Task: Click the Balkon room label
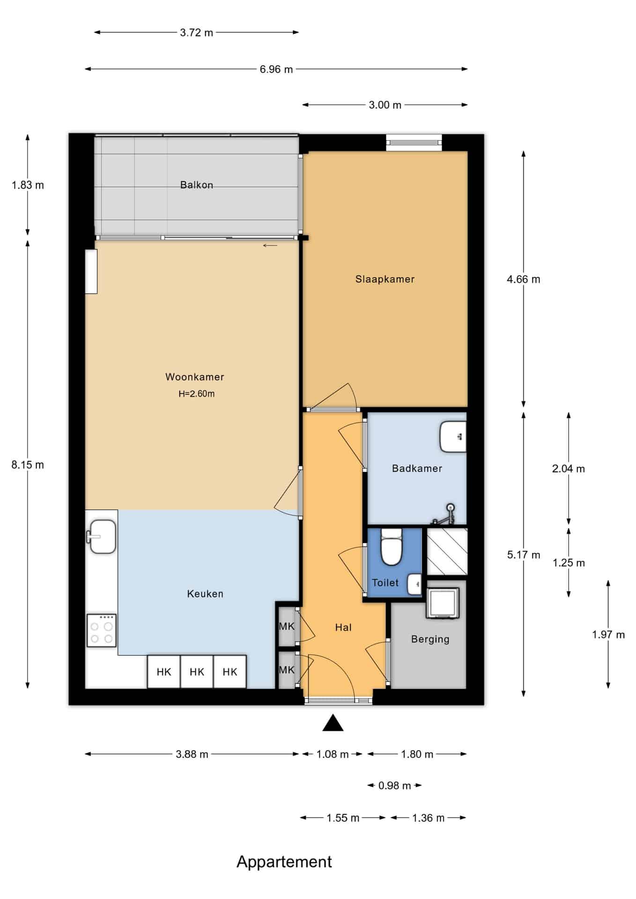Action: point(196,185)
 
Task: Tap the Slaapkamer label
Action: point(385,279)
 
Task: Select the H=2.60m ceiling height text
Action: point(196,394)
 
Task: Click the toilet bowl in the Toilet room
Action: point(392,546)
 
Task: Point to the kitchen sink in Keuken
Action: point(101,537)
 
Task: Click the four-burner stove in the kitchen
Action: point(102,631)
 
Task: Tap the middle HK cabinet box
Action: point(197,672)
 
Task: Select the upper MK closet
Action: point(287,626)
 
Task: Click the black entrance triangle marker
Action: point(333,723)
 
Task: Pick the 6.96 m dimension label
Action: point(276,69)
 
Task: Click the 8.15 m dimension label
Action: point(28,465)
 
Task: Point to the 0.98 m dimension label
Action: point(394,786)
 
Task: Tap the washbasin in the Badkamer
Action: point(453,437)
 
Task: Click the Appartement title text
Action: point(284,862)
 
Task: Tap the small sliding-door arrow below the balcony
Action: point(270,245)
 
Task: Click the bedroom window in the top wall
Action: point(414,142)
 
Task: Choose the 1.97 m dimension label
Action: point(608,635)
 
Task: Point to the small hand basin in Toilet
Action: point(414,584)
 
